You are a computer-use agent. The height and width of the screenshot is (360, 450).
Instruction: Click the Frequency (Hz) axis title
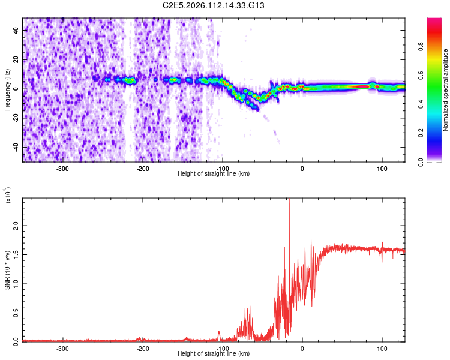coord(7,90)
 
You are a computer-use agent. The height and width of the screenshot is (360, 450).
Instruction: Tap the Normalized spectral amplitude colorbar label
coord(446,90)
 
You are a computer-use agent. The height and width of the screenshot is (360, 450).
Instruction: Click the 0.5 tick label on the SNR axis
coord(16,313)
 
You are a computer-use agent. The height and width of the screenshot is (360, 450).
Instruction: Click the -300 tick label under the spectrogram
coord(63,169)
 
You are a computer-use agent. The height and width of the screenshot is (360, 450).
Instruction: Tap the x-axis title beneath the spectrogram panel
coord(214,174)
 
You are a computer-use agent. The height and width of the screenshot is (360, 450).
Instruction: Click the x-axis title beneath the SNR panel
coord(214,354)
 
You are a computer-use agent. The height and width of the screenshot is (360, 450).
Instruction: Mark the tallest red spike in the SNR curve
coord(289,200)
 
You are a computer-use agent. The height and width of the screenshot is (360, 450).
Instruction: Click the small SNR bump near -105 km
coord(219,331)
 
